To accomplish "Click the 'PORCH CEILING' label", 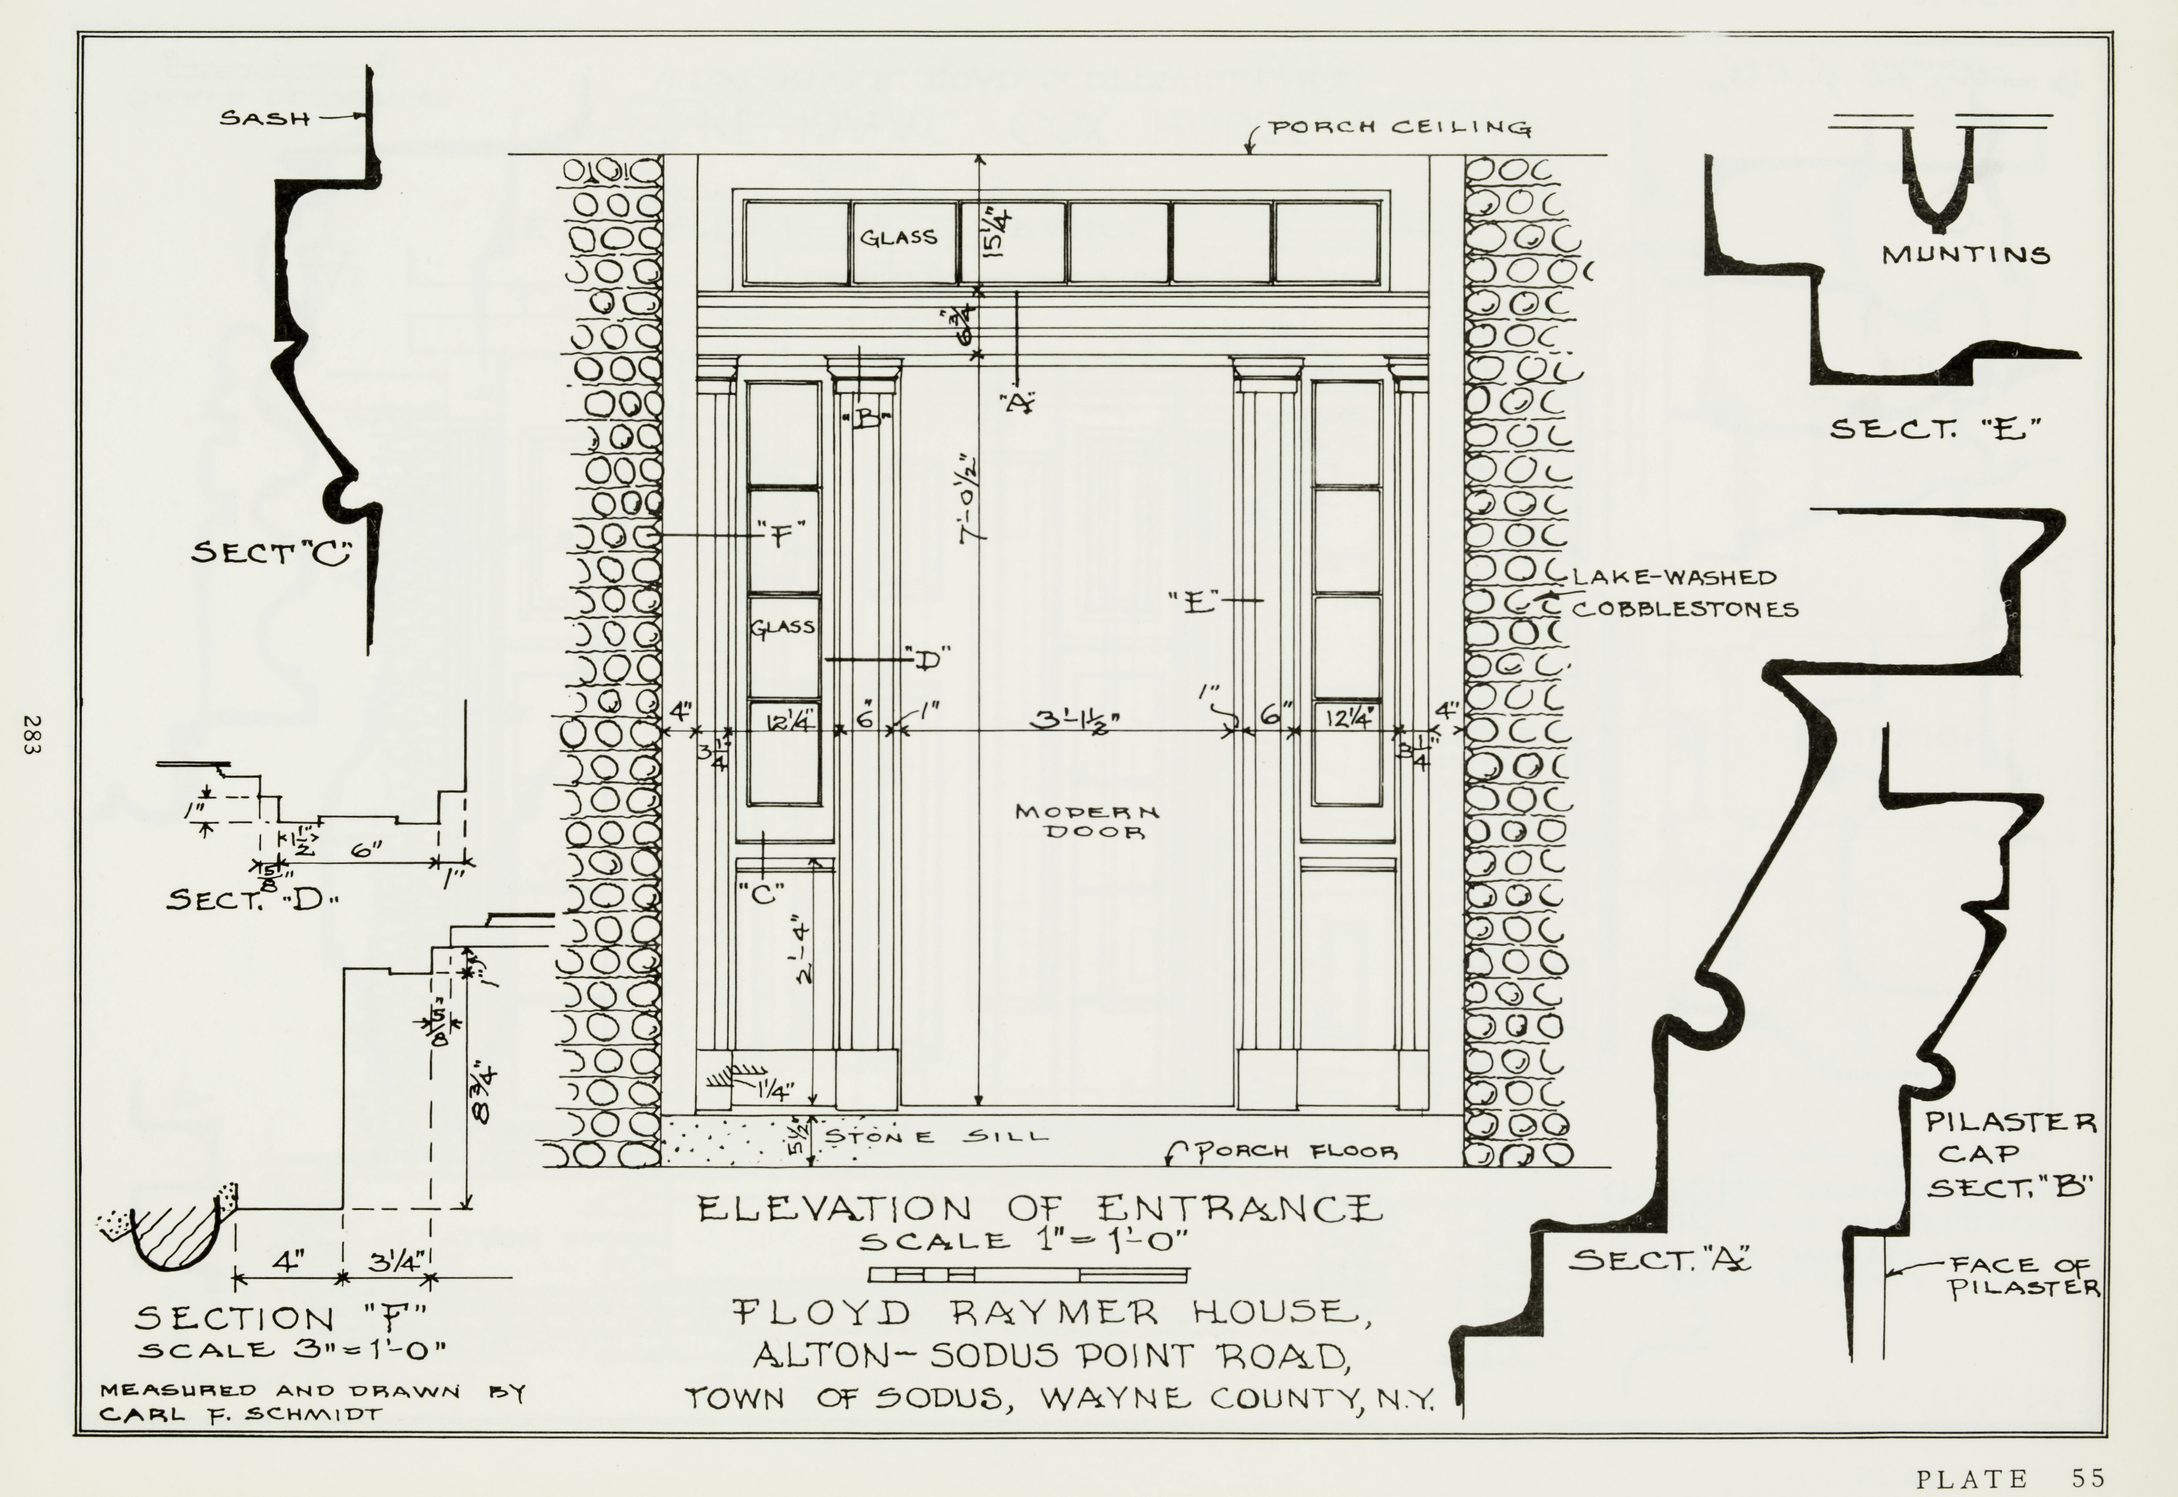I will click(1400, 128).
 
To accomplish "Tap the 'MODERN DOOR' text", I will click(1086, 821).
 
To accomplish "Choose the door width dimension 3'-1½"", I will click(1076, 720).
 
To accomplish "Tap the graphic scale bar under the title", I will click(1028, 1275).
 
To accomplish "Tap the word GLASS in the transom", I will click(899, 237).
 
